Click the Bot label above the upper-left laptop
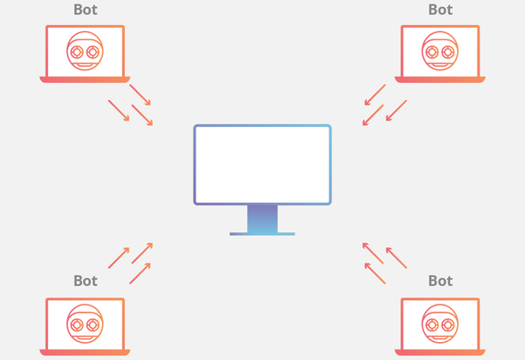(x=86, y=10)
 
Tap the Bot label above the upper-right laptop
(x=440, y=10)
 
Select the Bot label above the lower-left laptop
(x=86, y=281)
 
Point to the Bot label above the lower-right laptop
(x=440, y=281)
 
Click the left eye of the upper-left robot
(x=77, y=52)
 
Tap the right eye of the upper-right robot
(x=448, y=52)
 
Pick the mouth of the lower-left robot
(x=85, y=338)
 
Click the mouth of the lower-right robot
(x=439, y=338)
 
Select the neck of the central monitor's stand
(x=262, y=219)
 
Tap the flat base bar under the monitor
(x=262, y=234)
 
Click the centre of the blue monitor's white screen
(x=262, y=164)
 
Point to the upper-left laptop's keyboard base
(x=85, y=80)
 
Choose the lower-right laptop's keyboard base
(x=440, y=352)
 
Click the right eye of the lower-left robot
(x=93, y=325)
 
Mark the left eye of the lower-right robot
(x=432, y=325)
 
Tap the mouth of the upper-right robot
(x=439, y=65)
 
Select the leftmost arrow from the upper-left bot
(x=119, y=110)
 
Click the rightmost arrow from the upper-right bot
(x=396, y=110)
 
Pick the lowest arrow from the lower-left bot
(x=140, y=273)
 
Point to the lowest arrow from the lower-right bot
(x=375, y=273)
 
